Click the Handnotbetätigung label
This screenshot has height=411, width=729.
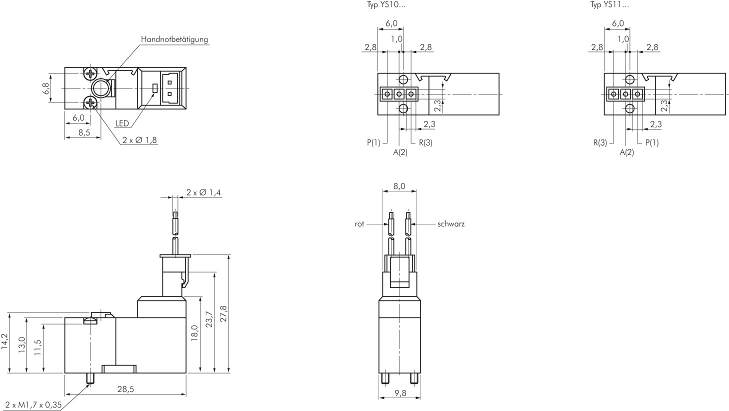(x=174, y=39)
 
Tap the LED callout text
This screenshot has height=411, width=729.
(x=122, y=123)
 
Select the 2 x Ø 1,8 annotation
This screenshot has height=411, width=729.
(x=139, y=140)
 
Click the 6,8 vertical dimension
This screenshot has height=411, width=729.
(x=45, y=88)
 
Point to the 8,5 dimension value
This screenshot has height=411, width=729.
(x=84, y=133)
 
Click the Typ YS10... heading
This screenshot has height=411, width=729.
(x=386, y=4)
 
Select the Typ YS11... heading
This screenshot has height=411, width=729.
(x=609, y=4)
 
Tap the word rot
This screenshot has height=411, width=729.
(x=359, y=224)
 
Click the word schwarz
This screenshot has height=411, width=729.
(x=450, y=224)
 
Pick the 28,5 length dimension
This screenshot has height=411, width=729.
(x=125, y=389)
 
